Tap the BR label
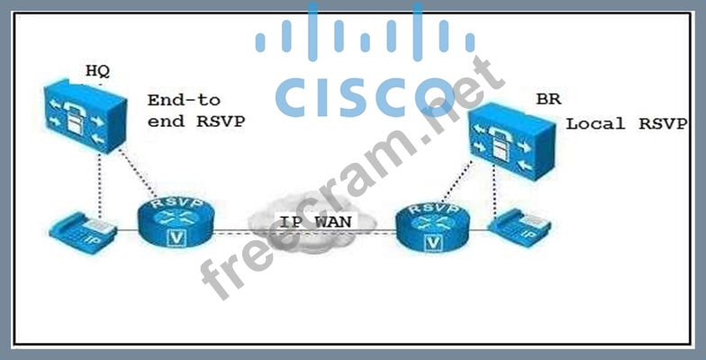pos(548,99)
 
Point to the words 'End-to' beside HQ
pos(184,100)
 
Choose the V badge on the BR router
pos(434,242)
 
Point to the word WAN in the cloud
pos(334,221)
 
